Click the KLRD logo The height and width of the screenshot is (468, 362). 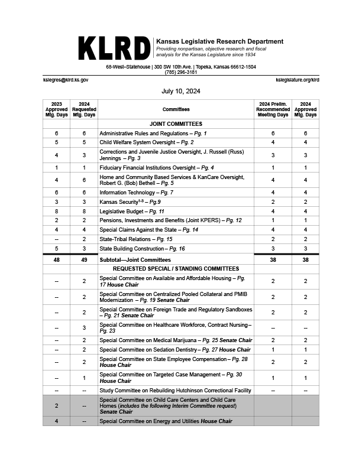[x=114, y=48]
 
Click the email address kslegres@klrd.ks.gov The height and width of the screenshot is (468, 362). [x=66, y=80]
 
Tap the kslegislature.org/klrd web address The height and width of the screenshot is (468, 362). [x=298, y=80]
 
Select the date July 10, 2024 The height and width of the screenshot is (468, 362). [x=181, y=92]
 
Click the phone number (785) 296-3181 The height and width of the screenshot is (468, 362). [x=181, y=72]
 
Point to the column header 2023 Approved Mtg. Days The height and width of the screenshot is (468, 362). [x=56, y=109]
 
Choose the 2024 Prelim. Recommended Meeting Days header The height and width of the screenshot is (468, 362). [x=272, y=109]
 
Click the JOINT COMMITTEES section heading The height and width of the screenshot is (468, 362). [x=176, y=124]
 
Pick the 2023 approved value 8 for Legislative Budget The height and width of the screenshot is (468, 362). [x=56, y=211]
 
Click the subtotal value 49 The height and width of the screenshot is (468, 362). [x=84, y=259]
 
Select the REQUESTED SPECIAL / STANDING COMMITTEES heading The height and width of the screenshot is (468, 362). [x=176, y=268]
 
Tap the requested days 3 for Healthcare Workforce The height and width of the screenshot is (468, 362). [x=84, y=327]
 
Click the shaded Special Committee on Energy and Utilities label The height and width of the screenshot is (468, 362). [x=166, y=421]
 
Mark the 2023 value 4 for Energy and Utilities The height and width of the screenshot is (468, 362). [x=56, y=421]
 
